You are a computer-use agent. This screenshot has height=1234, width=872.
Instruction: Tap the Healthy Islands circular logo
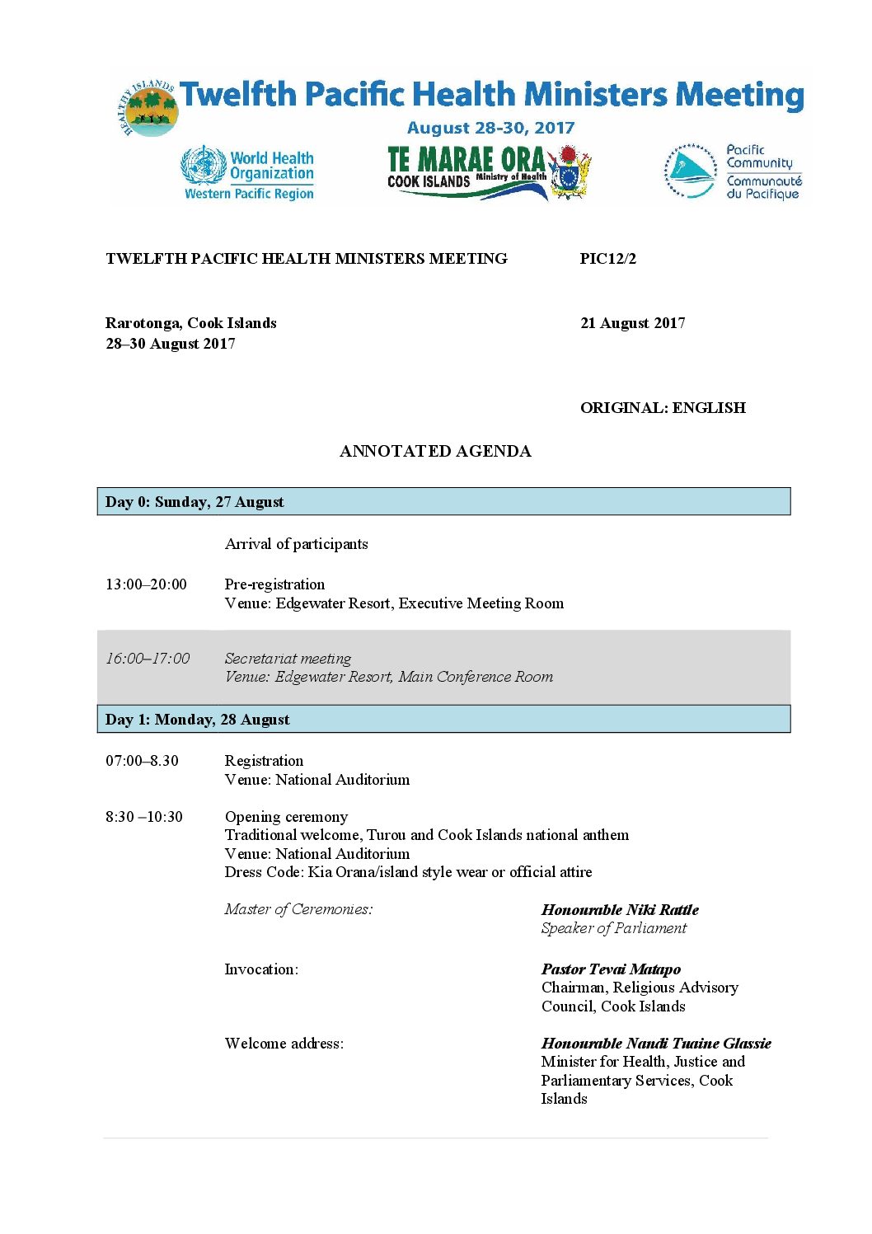click(149, 110)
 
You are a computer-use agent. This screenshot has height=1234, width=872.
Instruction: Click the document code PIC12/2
click(607, 259)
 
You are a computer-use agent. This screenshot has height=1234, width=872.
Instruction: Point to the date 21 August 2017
click(632, 323)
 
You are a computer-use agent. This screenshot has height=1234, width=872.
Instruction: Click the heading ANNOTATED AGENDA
click(435, 451)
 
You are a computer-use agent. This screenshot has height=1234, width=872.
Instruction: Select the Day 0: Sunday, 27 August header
click(195, 502)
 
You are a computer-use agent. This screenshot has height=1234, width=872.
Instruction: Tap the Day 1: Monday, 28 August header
click(198, 720)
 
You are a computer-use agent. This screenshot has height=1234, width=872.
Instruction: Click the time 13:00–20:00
click(146, 584)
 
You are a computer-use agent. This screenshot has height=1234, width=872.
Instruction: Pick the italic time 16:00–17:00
click(148, 659)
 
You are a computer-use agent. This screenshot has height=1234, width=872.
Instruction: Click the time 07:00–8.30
click(142, 761)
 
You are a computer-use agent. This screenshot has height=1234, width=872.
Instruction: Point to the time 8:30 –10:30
click(144, 817)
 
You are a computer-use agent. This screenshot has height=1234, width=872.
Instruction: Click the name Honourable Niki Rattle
click(620, 910)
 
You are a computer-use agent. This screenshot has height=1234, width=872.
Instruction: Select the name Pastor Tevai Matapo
click(611, 969)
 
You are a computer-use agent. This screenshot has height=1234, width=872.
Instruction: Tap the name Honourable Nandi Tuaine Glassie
click(656, 1044)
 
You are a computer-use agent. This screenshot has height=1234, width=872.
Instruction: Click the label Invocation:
click(261, 969)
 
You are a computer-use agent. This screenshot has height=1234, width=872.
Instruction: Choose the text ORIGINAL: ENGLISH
click(663, 408)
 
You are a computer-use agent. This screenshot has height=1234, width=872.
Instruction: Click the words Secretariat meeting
click(288, 659)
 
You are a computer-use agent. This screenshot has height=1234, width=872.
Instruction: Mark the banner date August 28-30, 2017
click(490, 128)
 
